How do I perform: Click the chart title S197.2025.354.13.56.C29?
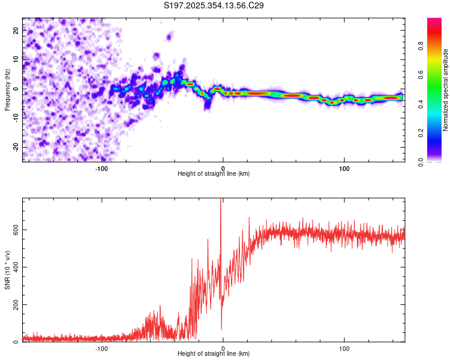pos(214,5)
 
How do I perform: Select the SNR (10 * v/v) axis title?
pos(7,270)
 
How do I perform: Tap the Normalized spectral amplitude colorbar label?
pos(446,90)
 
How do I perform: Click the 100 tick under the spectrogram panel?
pos(344,169)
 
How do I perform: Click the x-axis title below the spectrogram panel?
pos(214,174)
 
